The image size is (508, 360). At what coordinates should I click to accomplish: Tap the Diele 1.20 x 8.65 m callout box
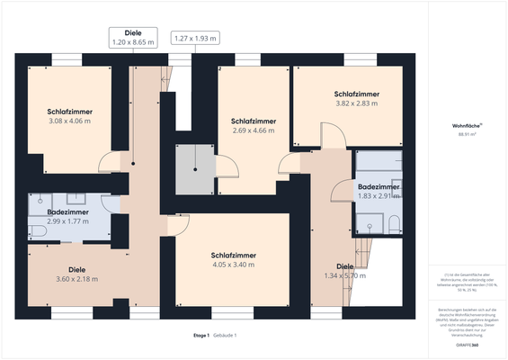132,37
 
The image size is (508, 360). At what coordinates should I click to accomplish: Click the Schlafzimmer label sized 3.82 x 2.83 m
356,99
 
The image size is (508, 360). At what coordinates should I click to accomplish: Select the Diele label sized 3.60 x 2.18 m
76,274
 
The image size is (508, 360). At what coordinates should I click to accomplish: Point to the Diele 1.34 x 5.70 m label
345,271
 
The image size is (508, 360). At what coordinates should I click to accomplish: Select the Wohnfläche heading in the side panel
467,125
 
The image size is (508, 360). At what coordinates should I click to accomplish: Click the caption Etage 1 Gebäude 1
215,336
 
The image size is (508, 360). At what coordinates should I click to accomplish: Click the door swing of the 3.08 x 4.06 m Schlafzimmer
109,163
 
